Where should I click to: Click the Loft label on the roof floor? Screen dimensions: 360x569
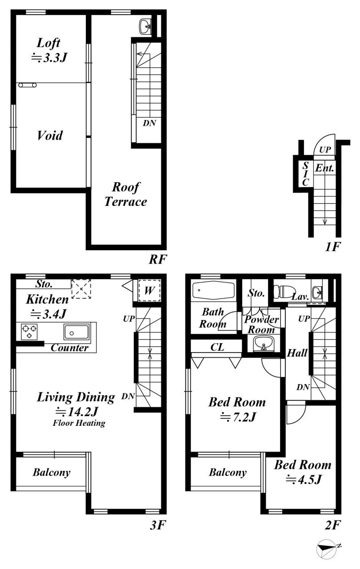click(48, 43)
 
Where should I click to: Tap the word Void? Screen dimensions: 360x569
click(50, 135)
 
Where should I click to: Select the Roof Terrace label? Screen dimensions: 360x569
click(125, 194)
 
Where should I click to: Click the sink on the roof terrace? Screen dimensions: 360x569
click(145, 26)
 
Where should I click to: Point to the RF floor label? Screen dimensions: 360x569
click(158, 259)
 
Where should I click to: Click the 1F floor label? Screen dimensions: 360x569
click(332, 247)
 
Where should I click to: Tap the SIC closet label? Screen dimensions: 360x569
click(305, 174)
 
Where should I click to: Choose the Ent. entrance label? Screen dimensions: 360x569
click(324, 168)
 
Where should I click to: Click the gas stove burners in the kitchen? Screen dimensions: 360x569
click(29, 332)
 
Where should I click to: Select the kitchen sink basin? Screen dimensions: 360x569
click(77, 332)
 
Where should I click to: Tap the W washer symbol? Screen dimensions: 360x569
click(149, 290)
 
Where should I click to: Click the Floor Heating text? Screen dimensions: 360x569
click(79, 423)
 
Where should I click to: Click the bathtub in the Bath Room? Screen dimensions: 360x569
click(213, 290)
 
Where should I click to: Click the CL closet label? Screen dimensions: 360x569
click(217, 347)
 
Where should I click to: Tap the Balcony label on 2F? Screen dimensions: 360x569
click(228, 472)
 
